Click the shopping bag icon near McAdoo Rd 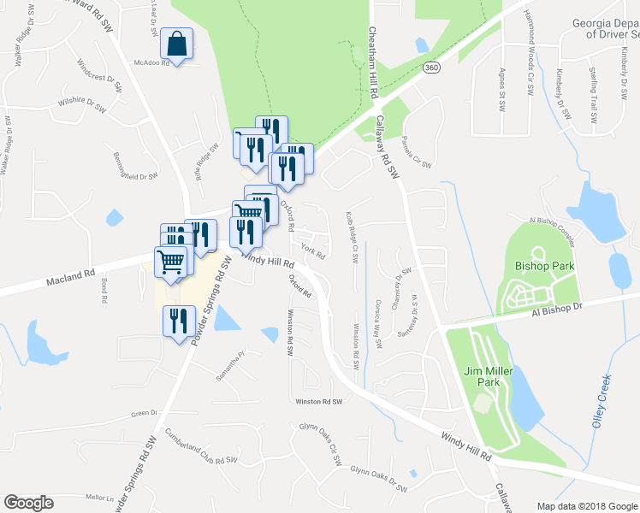(x=176, y=44)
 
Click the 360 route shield (x=432, y=68)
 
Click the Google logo (x=28, y=503)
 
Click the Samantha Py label (x=229, y=354)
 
